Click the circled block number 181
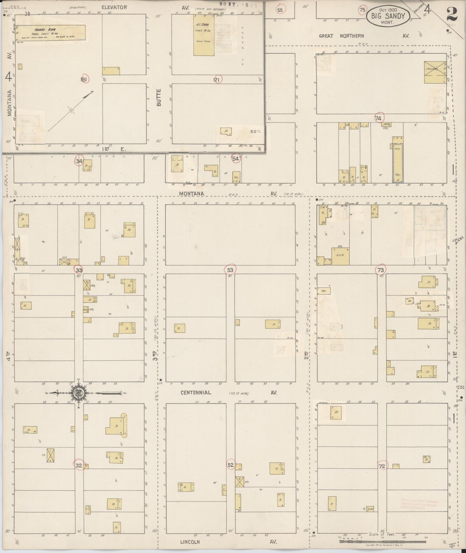click(x=84, y=79)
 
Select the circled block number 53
click(x=230, y=269)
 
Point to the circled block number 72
click(x=382, y=466)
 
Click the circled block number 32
click(x=79, y=465)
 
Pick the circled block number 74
click(x=378, y=118)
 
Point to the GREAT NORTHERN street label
click(x=341, y=36)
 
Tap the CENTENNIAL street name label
click(x=195, y=393)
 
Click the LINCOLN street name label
click(x=190, y=542)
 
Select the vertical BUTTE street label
click(x=158, y=97)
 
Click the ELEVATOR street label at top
click(x=114, y=7)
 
